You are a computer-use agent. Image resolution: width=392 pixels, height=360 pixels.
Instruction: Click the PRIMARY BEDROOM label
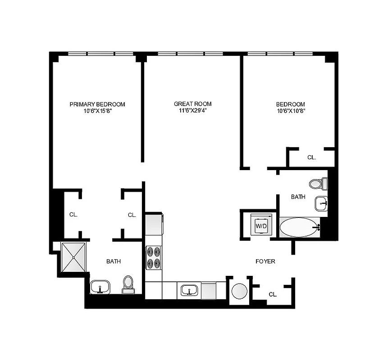pos(97,104)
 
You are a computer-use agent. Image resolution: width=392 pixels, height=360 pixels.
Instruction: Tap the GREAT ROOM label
pos(192,104)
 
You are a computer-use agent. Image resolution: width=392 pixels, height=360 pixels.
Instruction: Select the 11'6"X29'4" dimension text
pos(192,110)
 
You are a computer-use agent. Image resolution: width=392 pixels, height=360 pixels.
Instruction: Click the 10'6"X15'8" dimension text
pos(97,110)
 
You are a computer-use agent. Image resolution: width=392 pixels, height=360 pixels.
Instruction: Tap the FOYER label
pos(265,261)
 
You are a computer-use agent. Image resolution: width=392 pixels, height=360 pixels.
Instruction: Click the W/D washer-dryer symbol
pos(261,225)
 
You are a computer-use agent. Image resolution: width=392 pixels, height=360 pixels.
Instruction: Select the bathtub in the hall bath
pos(299,227)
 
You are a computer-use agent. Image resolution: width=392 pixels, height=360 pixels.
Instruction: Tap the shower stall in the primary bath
pos(73,257)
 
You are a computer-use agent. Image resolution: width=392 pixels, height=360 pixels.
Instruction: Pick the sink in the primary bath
pos(100,287)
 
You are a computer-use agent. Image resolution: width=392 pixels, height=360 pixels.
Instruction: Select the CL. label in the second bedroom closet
pos(311,157)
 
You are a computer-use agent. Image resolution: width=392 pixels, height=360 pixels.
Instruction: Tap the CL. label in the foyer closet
pos(273,294)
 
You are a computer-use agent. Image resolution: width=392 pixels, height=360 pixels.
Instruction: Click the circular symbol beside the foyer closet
pos(239,291)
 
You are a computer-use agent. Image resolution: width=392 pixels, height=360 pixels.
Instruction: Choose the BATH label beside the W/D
pos(298,197)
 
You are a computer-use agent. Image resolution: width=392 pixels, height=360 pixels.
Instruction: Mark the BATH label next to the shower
pos(113,261)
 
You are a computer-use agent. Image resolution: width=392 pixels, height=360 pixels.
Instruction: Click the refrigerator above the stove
pos(154,224)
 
